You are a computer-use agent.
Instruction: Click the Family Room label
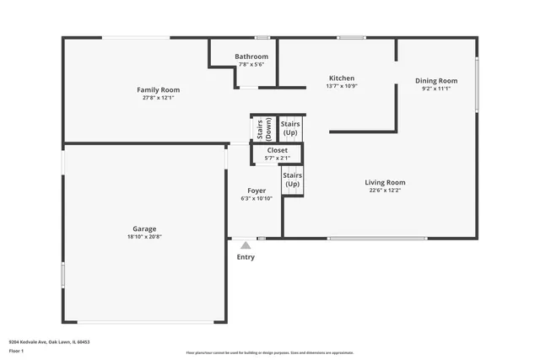159,89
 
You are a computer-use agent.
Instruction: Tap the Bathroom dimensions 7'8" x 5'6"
251,64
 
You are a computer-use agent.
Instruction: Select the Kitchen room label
342,78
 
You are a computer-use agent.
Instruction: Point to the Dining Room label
436,81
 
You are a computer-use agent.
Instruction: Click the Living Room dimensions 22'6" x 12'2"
385,191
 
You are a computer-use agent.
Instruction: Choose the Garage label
143,228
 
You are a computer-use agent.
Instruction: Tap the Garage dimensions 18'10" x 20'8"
143,237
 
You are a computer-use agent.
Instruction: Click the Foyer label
256,191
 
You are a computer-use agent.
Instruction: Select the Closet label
278,150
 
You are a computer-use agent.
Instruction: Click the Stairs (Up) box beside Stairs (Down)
290,128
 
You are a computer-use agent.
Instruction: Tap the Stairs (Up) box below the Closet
293,180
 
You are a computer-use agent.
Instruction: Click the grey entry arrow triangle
246,244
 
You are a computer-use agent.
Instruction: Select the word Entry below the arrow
246,257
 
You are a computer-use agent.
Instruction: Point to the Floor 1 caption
17,350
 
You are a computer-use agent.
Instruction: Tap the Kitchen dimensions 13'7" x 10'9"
342,86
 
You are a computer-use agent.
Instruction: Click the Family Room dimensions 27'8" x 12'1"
159,98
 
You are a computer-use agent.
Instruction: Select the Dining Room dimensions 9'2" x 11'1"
436,89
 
